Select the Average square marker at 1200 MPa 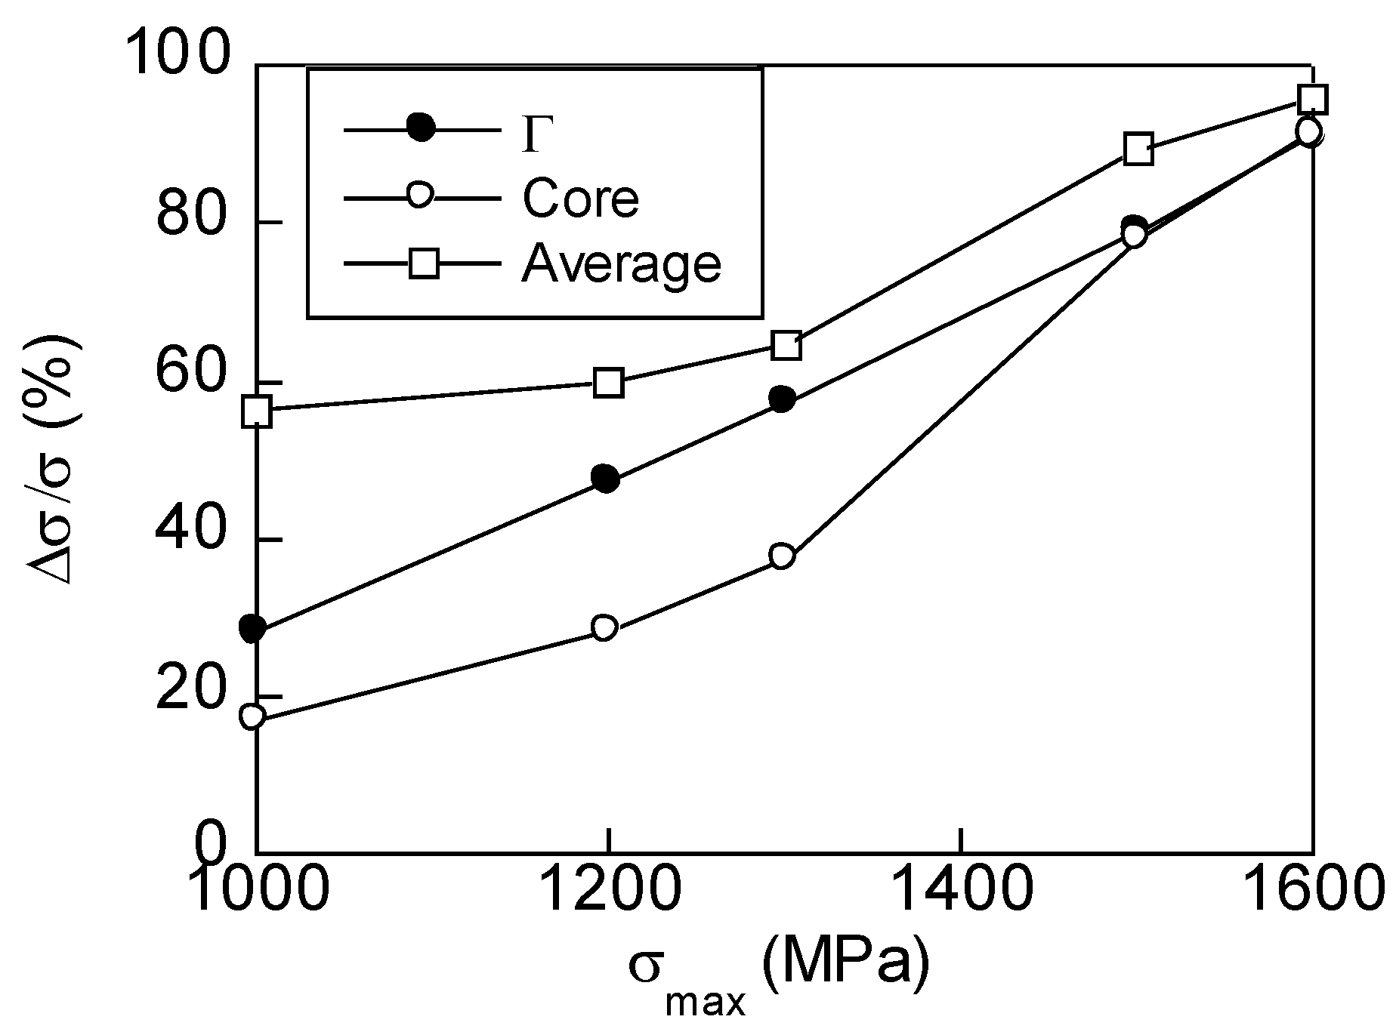[x=608, y=383]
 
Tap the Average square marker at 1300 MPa [x=786, y=346]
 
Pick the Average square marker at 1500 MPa [x=1138, y=149]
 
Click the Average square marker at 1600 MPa [x=1313, y=99]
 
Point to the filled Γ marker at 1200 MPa [x=606, y=479]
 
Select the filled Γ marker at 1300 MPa [x=783, y=399]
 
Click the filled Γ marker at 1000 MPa [x=253, y=628]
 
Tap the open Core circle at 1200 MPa [x=604, y=627]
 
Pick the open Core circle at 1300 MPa [x=782, y=556]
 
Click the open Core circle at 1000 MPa [x=253, y=716]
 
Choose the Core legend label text [x=580, y=198]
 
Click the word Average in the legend [x=621, y=263]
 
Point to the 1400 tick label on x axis [x=959, y=894]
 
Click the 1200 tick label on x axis [x=608, y=894]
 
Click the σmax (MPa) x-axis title [x=777, y=975]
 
